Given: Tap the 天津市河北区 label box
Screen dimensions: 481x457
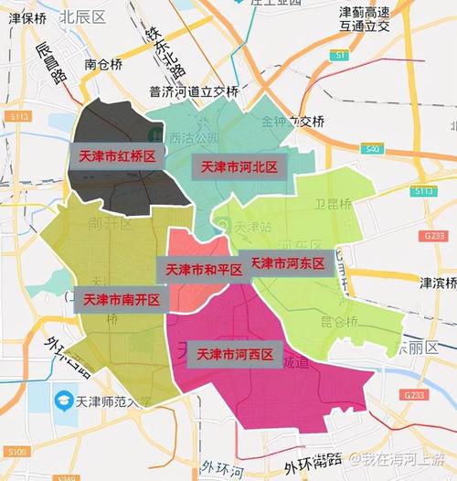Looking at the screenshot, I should click(239, 166).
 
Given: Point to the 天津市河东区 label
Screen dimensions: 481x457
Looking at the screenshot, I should click(285, 263).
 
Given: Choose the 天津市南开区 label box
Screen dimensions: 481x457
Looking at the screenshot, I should click(122, 299).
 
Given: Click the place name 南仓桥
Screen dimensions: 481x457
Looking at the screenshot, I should click(102, 64).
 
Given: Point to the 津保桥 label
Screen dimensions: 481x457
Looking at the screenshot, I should click(27, 16).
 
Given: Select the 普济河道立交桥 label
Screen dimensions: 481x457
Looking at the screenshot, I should click(194, 91).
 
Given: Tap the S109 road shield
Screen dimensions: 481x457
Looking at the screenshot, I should click(16, 452).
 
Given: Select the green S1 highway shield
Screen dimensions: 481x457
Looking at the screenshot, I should click(339, 56).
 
